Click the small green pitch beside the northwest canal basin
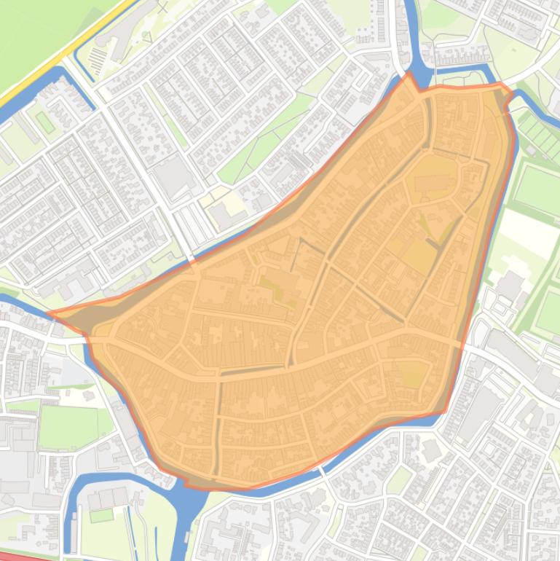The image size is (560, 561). (45, 122)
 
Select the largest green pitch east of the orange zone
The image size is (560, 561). (537, 189)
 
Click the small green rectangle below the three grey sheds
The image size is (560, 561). (101, 516)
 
